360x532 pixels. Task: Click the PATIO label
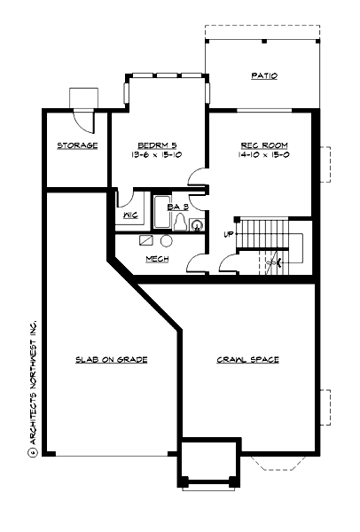pyautogui.click(x=263, y=76)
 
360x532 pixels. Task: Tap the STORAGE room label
pyautogui.click(x=77, y=145)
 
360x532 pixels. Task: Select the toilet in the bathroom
pyautogui.click(x=180, y=220)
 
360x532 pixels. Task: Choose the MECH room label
pyautogui.click(x=157, y=259)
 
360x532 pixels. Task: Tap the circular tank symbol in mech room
pyautogui.click(x=166, y=240)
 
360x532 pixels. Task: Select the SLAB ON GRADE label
pyautogui.click(x=111, y=360)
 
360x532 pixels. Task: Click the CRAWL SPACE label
pyautogui.click(x=248, y=360)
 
